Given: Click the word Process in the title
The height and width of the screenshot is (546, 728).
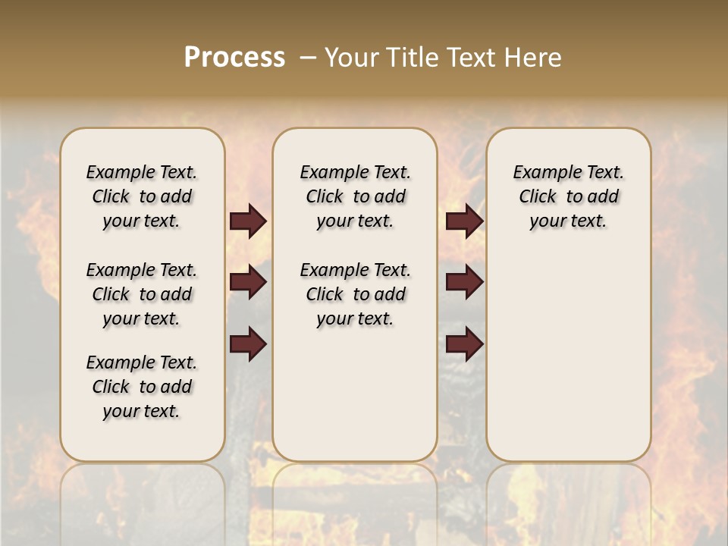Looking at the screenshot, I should point(234,58).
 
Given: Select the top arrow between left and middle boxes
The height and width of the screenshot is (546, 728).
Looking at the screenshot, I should point(248,221).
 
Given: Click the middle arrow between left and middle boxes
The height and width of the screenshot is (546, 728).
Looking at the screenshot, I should point(248,283).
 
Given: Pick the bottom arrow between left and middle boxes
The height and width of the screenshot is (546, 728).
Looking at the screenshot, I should point(248,344).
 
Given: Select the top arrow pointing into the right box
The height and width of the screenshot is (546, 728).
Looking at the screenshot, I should point(464,221).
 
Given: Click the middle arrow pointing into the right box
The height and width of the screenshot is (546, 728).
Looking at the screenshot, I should point(464,283).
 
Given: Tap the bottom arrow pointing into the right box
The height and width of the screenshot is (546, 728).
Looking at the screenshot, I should point(464,344).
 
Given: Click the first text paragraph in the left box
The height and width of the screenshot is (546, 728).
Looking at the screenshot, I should point(142,196).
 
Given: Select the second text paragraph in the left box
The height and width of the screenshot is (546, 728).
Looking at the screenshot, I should point(142,294).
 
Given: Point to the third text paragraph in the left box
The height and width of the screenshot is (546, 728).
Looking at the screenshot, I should point(142,387).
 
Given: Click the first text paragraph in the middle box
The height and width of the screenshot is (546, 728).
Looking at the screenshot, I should point(356,196).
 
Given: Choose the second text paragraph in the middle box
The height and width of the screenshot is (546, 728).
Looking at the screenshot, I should point(356,294).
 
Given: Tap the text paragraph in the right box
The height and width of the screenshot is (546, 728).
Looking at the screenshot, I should point(569,196).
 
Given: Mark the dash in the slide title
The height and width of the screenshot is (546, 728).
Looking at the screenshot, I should point(308,58).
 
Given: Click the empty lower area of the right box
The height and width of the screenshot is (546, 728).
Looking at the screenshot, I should point(569,356).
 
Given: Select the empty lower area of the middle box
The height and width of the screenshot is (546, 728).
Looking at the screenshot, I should point(356,394).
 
